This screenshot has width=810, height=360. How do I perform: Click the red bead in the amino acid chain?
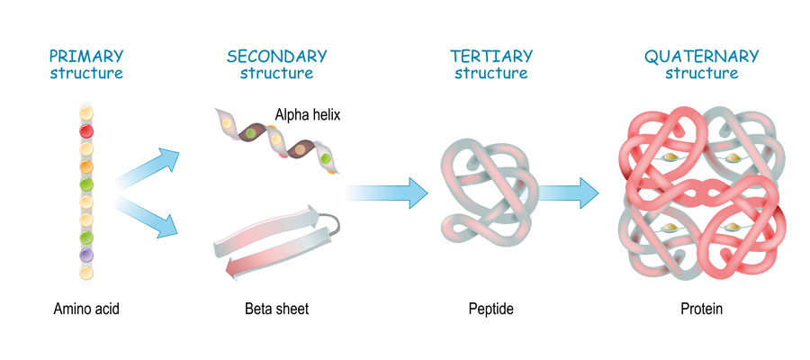click(x=86, y=130)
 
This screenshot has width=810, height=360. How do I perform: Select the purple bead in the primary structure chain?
click(x=86, y=256)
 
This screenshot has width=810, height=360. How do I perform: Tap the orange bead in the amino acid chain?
click(x=86, y=166)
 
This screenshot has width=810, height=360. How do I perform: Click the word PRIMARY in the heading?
click(x=86, y=56)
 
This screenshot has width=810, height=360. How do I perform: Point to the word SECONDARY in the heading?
click(x=277, y=56)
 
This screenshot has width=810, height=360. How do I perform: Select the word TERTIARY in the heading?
click(x=490, y=56)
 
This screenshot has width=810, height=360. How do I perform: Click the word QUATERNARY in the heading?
click(x=701, y=56)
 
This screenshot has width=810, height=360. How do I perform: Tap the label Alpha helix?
click(x=308, y=114)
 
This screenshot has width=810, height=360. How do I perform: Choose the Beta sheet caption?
click(x=276, y=310)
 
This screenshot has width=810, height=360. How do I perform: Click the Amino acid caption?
click(x=86, y=310)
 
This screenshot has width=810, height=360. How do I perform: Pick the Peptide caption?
click(x=490, y=310)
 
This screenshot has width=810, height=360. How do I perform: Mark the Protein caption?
click(x=701, y=310)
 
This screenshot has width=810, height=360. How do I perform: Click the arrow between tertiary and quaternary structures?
click(x=571, y=191)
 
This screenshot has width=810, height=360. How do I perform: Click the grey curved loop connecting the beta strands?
click(x=333, y=221)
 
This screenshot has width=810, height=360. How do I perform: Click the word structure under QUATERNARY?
click(x=701, y=73)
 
